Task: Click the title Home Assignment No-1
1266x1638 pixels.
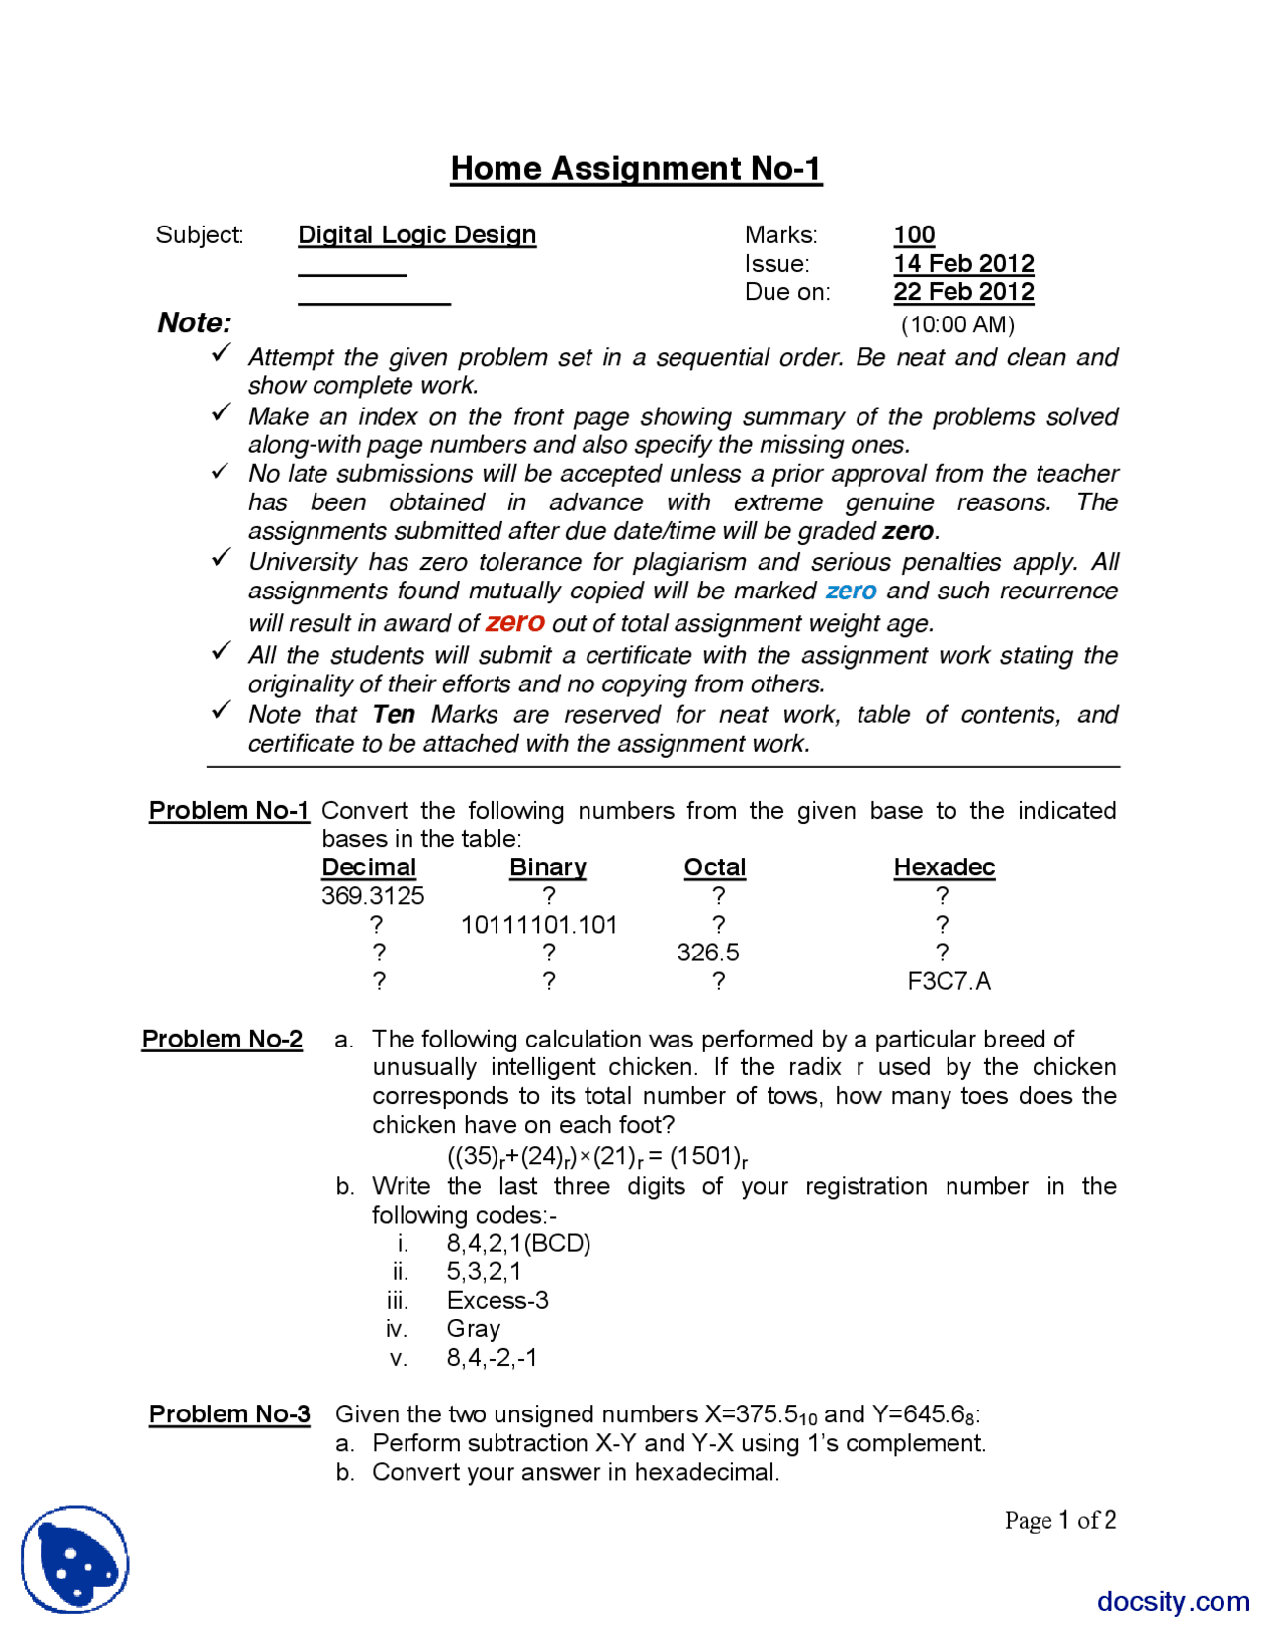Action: tap(635, 168)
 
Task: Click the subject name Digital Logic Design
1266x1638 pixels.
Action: tap(416, 234)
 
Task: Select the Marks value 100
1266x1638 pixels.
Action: tap(913, 234)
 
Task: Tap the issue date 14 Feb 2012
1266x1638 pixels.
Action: tap(962, 263)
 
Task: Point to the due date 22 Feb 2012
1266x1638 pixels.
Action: tap(962, 292)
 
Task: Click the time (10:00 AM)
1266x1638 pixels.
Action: tap(956, 324)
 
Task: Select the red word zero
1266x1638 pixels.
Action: tap(514, 622)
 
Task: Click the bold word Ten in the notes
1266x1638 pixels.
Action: tap(393, 714)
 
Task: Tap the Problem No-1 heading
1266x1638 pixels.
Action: tap(228, 810)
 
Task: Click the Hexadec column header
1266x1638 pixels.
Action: tap(943, 866)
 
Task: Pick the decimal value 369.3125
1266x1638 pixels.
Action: tap(372, 895)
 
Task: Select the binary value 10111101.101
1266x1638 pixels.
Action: tap(538, 924)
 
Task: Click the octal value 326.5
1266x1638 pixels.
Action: tap(707, 952)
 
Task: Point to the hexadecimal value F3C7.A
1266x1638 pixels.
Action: tap(948, 980)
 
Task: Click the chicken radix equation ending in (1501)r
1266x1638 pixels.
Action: tap(596, 1156)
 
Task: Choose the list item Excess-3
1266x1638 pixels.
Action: tap(497, 1299)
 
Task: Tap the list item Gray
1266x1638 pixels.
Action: tap(473, 1327)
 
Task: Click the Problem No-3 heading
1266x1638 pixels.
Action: tap(228, 1413)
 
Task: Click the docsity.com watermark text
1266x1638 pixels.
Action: tap(1172, 1600)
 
